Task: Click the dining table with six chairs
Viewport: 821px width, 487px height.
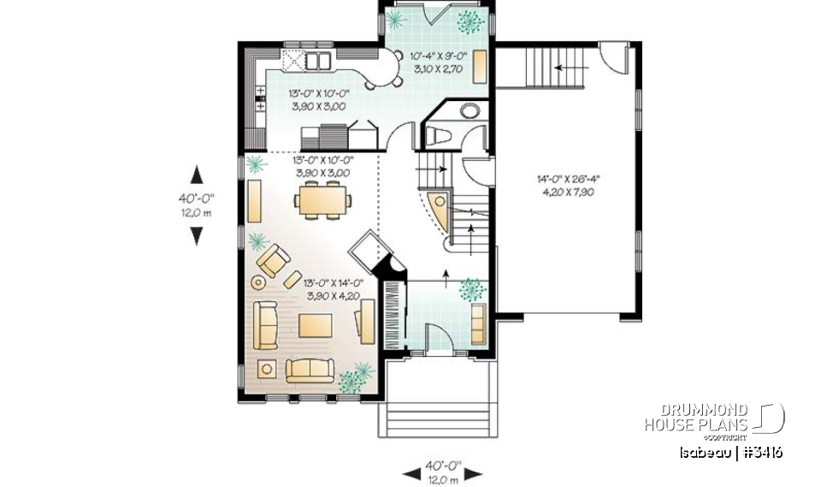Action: point(322,202)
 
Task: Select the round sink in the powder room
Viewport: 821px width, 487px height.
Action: point(470,110)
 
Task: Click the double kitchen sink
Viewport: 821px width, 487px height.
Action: point(317,60)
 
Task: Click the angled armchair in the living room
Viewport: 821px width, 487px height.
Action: point(275,260)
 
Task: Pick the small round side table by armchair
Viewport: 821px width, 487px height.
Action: point(258,281)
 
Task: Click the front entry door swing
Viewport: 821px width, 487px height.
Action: point(436,338)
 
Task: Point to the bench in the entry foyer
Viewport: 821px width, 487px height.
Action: point(477,323)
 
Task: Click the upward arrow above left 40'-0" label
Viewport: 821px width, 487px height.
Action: point(198,175)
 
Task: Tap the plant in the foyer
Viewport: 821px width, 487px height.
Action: point(472,289)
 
